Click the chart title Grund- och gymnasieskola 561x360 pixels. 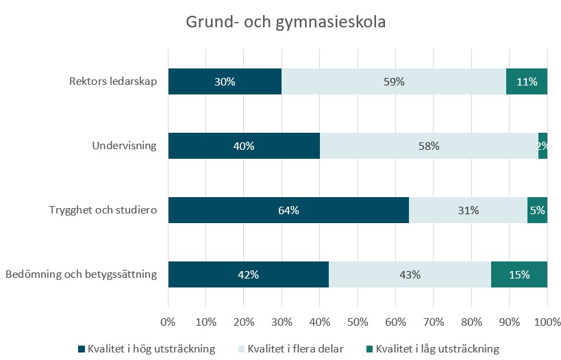(x=286, y=22)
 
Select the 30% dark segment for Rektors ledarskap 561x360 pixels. (x=225, y=81)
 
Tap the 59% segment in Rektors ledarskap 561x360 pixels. (x=394, y=81)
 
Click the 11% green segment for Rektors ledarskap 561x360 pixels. (x=527, y=81)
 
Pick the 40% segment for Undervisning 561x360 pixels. (x=244, y=146)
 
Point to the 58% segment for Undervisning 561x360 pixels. (x=429, y=146)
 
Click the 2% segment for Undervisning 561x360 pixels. (x=543, y=146)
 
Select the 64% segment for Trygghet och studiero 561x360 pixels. (x=288, y=210)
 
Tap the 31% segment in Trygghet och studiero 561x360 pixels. (x=468, y=210)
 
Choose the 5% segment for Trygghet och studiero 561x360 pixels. (x=538, y=210)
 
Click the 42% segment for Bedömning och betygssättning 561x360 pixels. (x=248, y=275)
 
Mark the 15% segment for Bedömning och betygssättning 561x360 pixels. (x=519, y=275)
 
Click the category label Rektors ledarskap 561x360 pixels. (x=113, y=81)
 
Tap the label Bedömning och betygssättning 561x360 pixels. (x=82, y=275)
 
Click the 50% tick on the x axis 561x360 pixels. (x=358, y=320)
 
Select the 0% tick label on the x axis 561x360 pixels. (x=169, y=320)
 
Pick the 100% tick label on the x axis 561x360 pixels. (x=546, y=320)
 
